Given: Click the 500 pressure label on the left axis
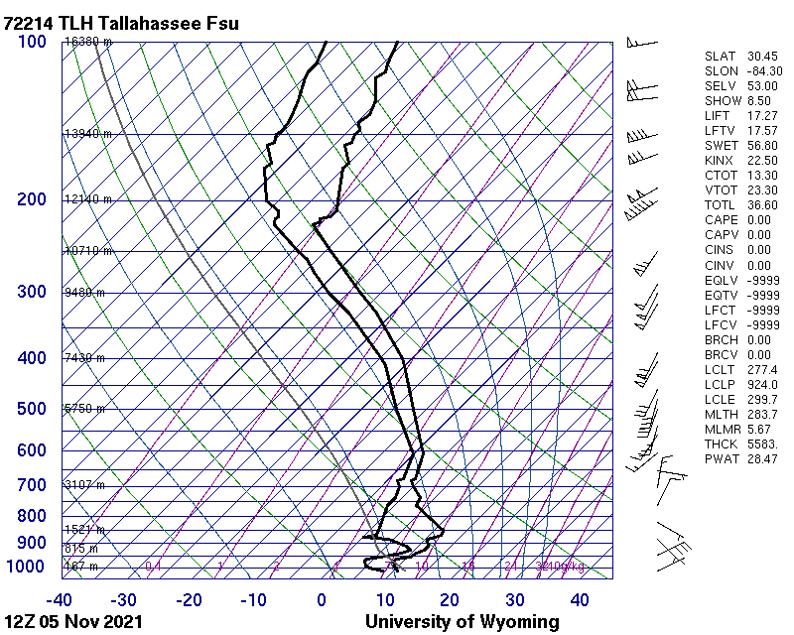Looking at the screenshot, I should click(32, 409).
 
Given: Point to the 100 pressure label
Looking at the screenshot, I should click(32, 42).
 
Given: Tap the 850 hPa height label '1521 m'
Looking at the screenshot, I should click(84, 530).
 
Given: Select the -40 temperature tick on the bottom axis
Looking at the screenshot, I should click(60, 600).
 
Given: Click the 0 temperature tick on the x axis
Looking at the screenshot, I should click(322, 600).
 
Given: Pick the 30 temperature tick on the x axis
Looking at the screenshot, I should click(514, 600).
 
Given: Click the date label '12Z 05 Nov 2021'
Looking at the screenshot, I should click(73, 622).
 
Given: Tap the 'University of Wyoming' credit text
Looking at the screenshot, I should click(462, 622).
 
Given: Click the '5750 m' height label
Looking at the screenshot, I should click(84, 409).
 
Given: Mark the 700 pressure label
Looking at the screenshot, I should click(32, 485).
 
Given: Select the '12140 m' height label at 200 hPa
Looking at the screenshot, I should click(87, 199).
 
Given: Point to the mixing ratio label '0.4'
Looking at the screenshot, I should click(153, 567).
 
